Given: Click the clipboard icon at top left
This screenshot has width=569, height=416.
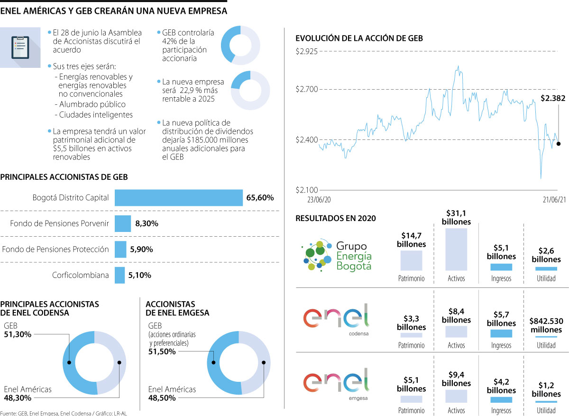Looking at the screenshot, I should [20, 47].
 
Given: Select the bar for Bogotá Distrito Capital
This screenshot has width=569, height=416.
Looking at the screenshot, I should [179, 198].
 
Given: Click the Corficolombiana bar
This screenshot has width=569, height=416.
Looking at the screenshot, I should [119, 275].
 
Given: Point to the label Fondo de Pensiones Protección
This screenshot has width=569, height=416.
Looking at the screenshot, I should [55, 249].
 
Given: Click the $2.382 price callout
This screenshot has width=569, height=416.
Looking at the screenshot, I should [553, 99].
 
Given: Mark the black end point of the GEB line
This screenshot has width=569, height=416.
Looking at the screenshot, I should [558, 144].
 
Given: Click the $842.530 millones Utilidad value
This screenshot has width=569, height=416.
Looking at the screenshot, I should [546, 325].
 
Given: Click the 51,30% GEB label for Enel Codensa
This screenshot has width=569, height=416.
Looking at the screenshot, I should [18, 334].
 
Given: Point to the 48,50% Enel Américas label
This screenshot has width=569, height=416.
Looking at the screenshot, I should [162, 398].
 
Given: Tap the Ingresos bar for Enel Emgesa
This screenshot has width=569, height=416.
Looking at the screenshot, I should [501, 399].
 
